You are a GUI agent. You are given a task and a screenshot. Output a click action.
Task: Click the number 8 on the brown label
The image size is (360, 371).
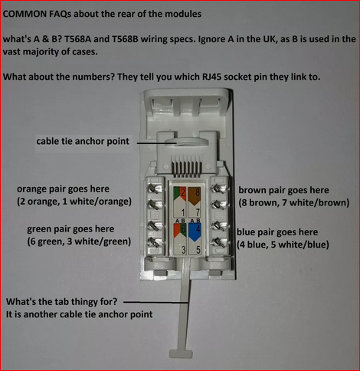coord(198,192)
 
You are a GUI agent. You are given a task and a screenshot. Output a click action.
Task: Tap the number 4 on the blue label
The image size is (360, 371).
coord(198,228)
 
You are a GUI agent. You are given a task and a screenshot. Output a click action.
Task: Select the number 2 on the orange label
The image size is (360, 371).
coord(183,192)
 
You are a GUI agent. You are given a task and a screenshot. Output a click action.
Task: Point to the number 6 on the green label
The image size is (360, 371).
coord(183,229)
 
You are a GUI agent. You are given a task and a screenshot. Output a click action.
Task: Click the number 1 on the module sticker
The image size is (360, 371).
coord(183,212)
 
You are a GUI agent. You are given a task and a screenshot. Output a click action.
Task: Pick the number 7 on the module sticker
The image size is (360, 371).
coord(198,212)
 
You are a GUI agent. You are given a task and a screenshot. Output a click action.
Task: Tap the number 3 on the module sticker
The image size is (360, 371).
coord(183,250)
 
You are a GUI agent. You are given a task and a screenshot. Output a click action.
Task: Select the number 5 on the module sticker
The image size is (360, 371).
coord(198,250)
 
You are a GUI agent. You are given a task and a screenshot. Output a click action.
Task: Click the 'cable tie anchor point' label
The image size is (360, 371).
coord(83,141)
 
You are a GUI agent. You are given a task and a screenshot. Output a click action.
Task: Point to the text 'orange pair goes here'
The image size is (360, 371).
coord(63,189)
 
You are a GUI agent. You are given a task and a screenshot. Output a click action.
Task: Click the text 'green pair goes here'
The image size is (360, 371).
coord(70,229)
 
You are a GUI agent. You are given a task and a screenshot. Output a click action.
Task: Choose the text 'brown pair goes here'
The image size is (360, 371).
coord(283,190)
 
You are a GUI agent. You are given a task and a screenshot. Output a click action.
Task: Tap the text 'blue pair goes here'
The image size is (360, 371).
coord(277,232)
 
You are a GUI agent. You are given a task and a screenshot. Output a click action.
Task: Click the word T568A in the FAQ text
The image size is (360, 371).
coord(77,39)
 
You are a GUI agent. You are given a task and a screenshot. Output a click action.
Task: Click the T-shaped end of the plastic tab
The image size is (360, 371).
coord(181,353)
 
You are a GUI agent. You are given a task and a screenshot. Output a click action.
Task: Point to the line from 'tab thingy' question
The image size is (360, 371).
coord(156,302)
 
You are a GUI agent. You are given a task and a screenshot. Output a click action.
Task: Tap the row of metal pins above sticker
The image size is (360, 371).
coord(186,169)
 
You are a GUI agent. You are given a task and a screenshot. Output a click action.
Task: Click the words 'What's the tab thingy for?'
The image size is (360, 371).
coord(61,302)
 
